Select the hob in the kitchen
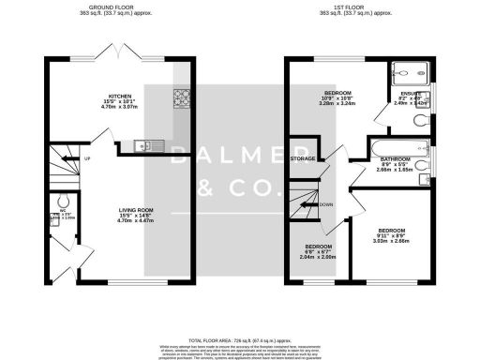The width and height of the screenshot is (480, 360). [x=180, y=97]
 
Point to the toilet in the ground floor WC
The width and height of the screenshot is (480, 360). [x=61, y=202]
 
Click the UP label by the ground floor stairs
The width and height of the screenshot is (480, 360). [x=87, y=158]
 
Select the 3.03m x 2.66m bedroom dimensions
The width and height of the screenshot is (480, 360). [x=391, y=241]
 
